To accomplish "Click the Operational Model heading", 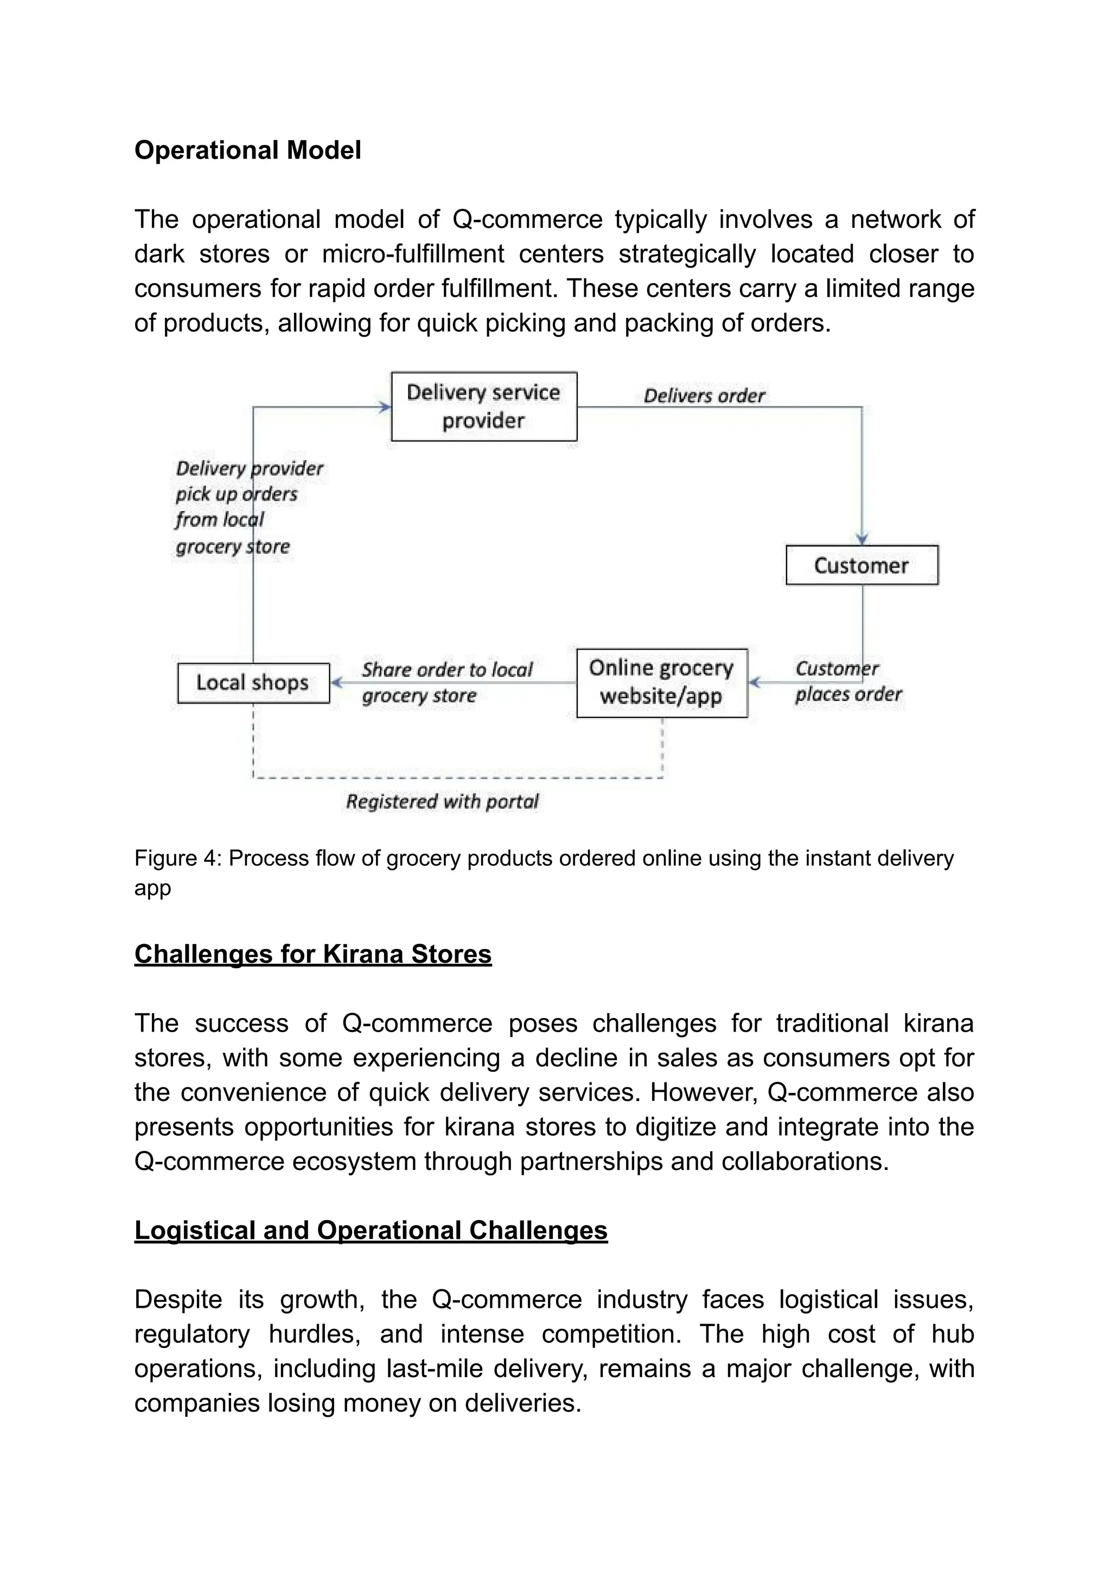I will click(247, 151).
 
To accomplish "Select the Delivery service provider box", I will click(483, 406).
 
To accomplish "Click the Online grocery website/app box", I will click(661, 683).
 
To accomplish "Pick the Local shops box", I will click(253, 683).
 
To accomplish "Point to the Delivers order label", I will click(704, 396).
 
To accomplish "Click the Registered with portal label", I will click(442, 801).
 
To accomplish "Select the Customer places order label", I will click(847, 681).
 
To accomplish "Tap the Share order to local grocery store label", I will click(446, 683).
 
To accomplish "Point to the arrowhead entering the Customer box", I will click(862, 539).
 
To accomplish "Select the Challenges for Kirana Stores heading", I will click(313, 954).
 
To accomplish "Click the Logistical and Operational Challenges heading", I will click(371, 1230).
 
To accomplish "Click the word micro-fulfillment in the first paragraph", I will click(413, 254).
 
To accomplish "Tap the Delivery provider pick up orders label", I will click(248, 507).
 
